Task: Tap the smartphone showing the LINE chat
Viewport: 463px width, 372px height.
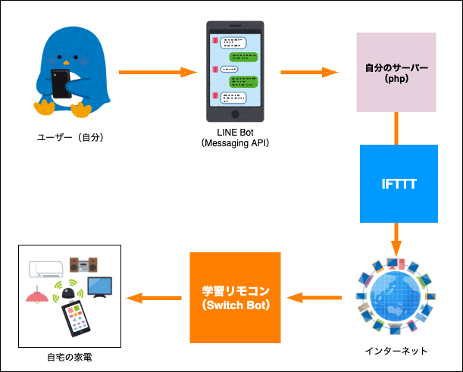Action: pyautogui.click(x=236, y=72)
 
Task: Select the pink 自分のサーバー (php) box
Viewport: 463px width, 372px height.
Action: pyautogui.click(x=396, y=73)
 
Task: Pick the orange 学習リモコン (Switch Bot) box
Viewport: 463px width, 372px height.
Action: pyautogui.click(x=235, y=296)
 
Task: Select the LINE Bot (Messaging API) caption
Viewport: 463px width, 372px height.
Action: pyautogui.click(x=236, y=138)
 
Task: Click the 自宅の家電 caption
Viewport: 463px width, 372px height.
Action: pyautogui.click(x=69, y=355)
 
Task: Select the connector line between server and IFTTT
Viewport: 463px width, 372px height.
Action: pyautogui.click(x=396, y=128)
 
